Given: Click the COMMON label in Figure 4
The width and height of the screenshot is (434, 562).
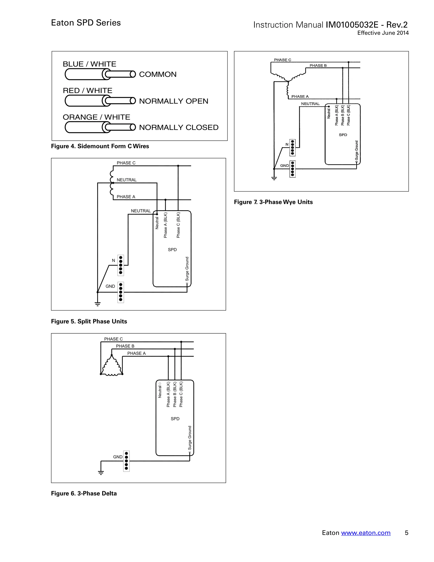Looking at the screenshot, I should click(x=158, y=74).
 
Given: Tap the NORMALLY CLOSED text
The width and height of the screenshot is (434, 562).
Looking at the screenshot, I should click(x=179, y=127).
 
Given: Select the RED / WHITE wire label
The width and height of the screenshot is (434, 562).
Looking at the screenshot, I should click(x=88, y=91).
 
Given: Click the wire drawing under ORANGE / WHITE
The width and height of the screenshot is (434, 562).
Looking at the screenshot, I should click(x=100, y=127).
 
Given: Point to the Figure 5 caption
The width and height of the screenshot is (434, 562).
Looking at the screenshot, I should click(x=89, y=321).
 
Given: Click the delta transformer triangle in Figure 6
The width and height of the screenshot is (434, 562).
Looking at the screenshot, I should click(x=111, y=366).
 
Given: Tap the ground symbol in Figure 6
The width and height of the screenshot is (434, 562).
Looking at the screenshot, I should click(x=101, y=472).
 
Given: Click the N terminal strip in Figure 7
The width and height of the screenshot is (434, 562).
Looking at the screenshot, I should click(x=292, y=148).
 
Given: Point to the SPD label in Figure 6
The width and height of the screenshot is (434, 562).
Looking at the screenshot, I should click(x=175, y=419).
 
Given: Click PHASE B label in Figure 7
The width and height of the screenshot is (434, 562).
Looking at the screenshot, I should click(x=318, y=66).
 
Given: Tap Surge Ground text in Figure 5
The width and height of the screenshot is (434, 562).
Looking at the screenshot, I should click(x=187, y=269).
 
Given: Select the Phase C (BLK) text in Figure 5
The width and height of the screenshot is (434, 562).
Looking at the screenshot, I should click(x=178, y=225).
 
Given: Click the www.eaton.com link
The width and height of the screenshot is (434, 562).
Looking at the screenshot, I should click(x=366, y=533).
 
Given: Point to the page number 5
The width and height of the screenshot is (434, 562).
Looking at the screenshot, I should click(x=406, y=533).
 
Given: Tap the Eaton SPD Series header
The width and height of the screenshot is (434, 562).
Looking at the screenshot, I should click(x=86, y=23).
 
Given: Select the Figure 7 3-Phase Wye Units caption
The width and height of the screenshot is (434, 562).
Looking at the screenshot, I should click(x=273, y=202).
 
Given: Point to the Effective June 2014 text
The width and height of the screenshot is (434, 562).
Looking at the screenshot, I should click(x=383, y=33).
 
